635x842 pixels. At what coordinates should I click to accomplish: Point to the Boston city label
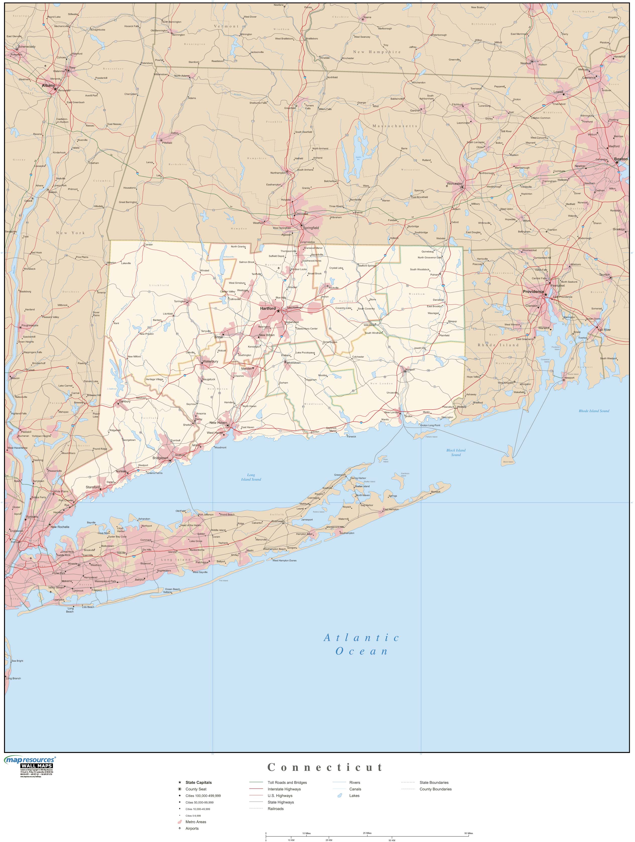pos(620,159)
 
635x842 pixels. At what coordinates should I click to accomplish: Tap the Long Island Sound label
pos(251,477)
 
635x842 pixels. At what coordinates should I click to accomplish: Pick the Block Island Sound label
pos(456,452)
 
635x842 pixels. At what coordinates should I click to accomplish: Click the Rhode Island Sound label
pos(594,411)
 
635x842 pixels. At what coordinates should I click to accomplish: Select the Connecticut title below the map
pos(325,767)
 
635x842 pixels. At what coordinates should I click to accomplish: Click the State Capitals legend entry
pos(199,783)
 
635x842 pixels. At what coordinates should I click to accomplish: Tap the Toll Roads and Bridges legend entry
pos(287,783)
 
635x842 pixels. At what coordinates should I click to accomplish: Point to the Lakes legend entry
pos(354,796)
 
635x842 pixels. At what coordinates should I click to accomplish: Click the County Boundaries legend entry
pos(435,789)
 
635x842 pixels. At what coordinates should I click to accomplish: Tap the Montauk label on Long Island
pos(435,491)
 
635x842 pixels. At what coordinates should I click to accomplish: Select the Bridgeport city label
pos(160,458)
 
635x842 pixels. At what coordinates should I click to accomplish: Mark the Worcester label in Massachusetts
pos(455,183)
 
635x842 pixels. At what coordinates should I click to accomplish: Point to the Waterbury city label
pos(210,361)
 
